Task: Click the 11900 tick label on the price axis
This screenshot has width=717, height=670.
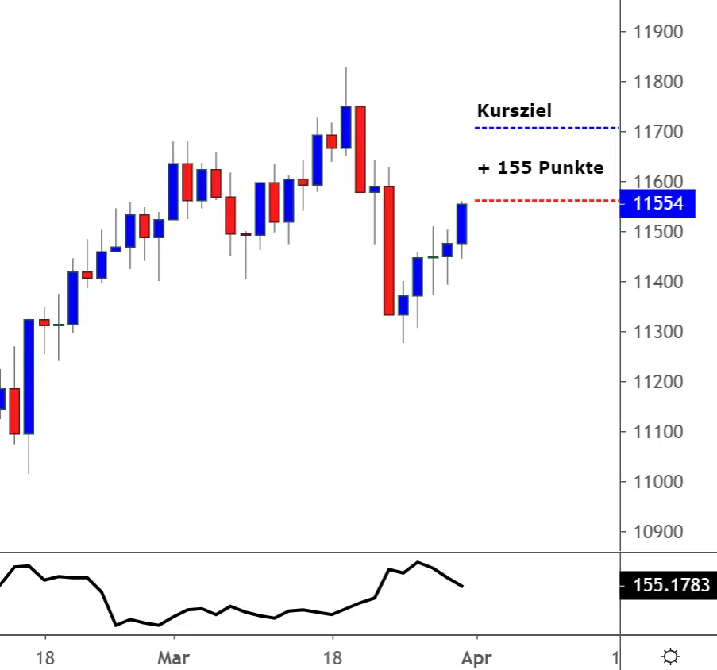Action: (658, 33)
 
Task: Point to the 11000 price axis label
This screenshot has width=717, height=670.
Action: (658, 482)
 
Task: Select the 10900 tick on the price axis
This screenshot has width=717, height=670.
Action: (658, 532)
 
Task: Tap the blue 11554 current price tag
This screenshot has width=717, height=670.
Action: (658, 204)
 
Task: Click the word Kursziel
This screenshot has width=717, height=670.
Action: (514, 111)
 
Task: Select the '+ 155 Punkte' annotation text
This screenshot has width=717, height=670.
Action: (540, 168)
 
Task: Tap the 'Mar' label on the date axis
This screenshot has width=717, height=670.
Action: (173, 658)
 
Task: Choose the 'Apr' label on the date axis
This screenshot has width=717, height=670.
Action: (476, 658)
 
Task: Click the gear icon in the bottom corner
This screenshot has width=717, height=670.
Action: (671, 657)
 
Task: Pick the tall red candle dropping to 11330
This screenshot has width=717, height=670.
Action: (389, 250)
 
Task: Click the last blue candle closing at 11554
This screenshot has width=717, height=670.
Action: (461, 223)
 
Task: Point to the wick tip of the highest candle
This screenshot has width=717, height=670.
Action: (346, 67)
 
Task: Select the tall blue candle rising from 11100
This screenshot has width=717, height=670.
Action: (29, 376)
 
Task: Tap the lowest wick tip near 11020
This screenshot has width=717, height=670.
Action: (29, 473)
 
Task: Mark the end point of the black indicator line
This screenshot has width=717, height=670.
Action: (463, 587)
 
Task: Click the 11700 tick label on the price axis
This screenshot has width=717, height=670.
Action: (658, 132)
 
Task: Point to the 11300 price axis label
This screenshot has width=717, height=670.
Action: (658, 332)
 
